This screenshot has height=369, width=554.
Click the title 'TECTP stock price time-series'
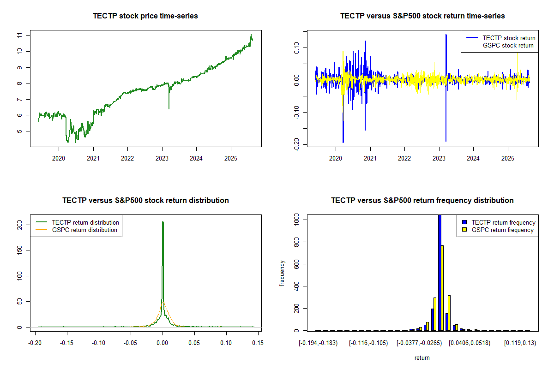[x=145, y=16]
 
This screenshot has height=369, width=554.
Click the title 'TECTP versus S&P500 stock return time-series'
[x=422, y=16]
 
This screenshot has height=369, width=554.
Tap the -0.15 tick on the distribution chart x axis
[x=67, y=343]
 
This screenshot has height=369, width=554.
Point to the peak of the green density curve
[x=163, y=222]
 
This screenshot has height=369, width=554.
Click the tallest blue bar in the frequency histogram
[x=440, y=272]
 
